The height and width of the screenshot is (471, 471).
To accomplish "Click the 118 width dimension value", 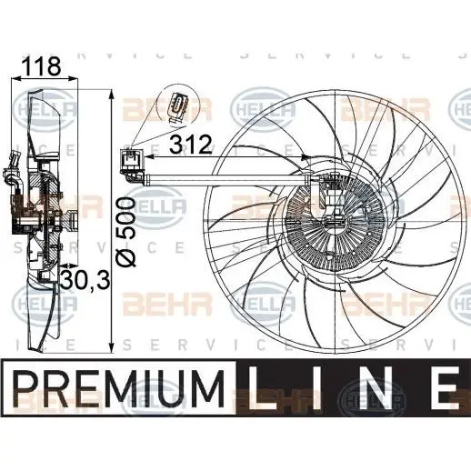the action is pos(42,66).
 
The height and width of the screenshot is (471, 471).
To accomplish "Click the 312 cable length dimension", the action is pos(190,145).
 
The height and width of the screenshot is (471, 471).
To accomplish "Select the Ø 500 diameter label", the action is pos(126,232).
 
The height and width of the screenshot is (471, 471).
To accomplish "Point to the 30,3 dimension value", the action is pos(85,280).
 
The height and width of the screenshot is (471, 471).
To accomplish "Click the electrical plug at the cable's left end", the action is pos(132,163).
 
